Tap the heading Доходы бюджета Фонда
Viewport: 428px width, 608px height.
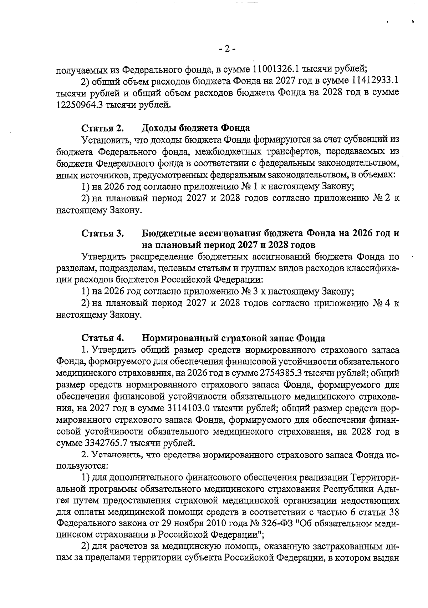tap(195, 128)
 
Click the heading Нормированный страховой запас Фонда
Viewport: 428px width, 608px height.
tap(233, 338)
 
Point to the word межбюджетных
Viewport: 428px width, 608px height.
tap(220, 151)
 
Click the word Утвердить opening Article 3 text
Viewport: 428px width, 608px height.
tap(104, 257)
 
